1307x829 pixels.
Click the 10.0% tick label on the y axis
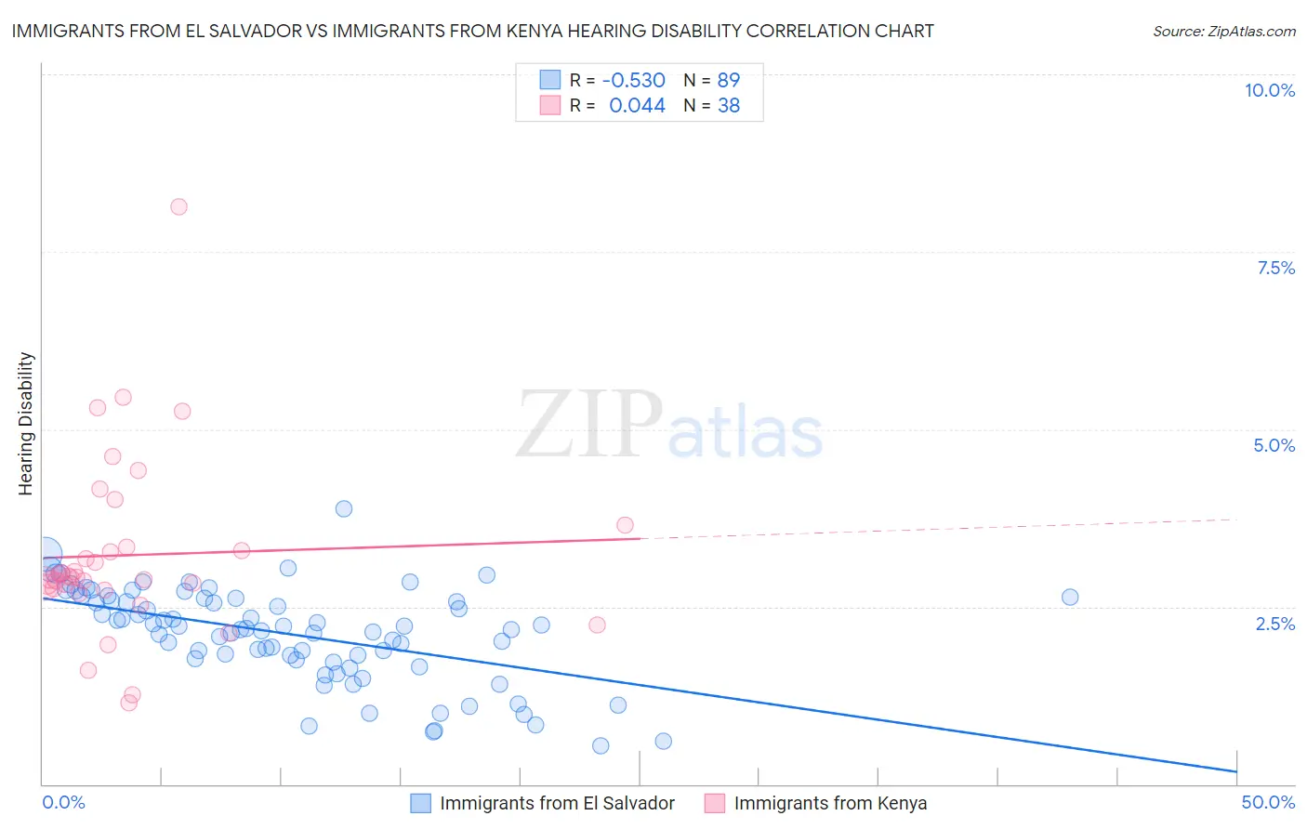tap(1269, 90)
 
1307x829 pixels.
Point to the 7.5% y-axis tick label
tap(1275, 268)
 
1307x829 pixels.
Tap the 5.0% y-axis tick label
tap(1274, 445)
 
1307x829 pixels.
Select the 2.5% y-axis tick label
tap(1274, 624)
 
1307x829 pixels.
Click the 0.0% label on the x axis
tap(63, 802)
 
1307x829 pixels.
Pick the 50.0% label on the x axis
tap(1267, 802)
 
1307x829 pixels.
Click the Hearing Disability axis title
tap(26, 424)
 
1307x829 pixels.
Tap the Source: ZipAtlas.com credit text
tap(1223, 32)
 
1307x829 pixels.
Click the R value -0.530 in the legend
tap(633, 81)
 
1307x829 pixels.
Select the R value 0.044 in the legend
tap(637, 106)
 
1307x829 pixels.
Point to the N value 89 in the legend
tap(728, 81)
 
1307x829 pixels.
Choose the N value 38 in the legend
tap(728, 106)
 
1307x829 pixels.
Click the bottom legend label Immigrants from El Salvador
tap(557, 803)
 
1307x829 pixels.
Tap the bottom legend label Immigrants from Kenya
tap(830, 803)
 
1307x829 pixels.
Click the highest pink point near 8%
tap(178, 206)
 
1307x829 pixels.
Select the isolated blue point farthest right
tap(1070, 597)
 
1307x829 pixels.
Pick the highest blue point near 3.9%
tap(344, 508)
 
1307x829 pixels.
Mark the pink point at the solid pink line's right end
tap(625, 525)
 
